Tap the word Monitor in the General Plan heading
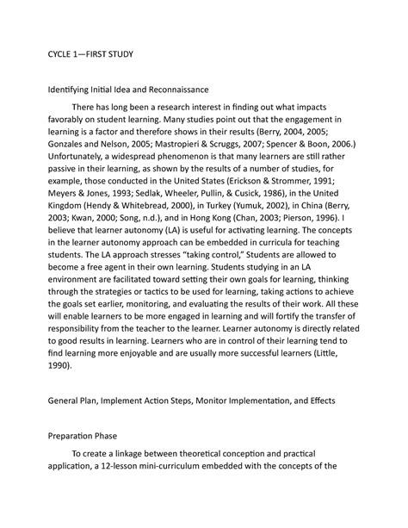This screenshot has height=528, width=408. point(213,400)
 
